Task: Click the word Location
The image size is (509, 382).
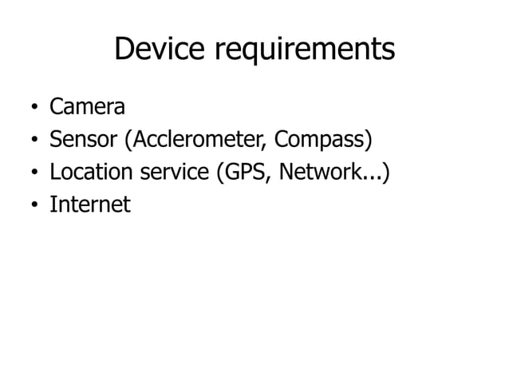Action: point(93,173)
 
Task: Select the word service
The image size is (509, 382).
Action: point(177,173)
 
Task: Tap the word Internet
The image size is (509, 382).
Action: point(89,205)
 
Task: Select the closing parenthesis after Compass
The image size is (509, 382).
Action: point(369,141)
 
